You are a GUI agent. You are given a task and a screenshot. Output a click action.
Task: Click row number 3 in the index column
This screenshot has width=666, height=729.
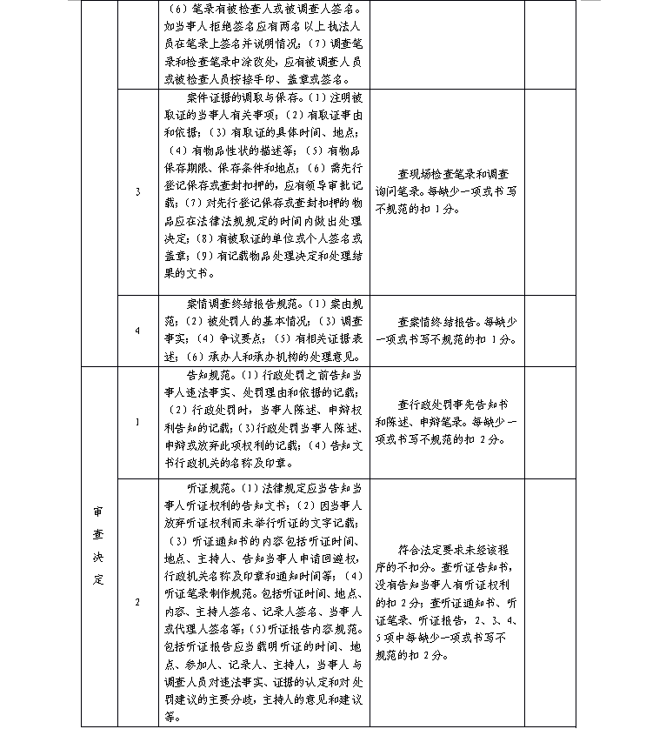pos(137,191)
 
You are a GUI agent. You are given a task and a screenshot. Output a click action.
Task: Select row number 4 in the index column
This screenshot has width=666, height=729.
pos(137,331)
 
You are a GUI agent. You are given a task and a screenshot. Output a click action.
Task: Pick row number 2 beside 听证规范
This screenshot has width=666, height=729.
pos(137,601)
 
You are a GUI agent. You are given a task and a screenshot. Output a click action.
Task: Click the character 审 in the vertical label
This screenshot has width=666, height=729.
pos(98,512)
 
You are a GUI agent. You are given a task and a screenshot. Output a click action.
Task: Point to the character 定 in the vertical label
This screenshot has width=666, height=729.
pos(98,579)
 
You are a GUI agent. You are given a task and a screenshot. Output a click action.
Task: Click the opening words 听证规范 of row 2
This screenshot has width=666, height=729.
pos(207,485)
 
